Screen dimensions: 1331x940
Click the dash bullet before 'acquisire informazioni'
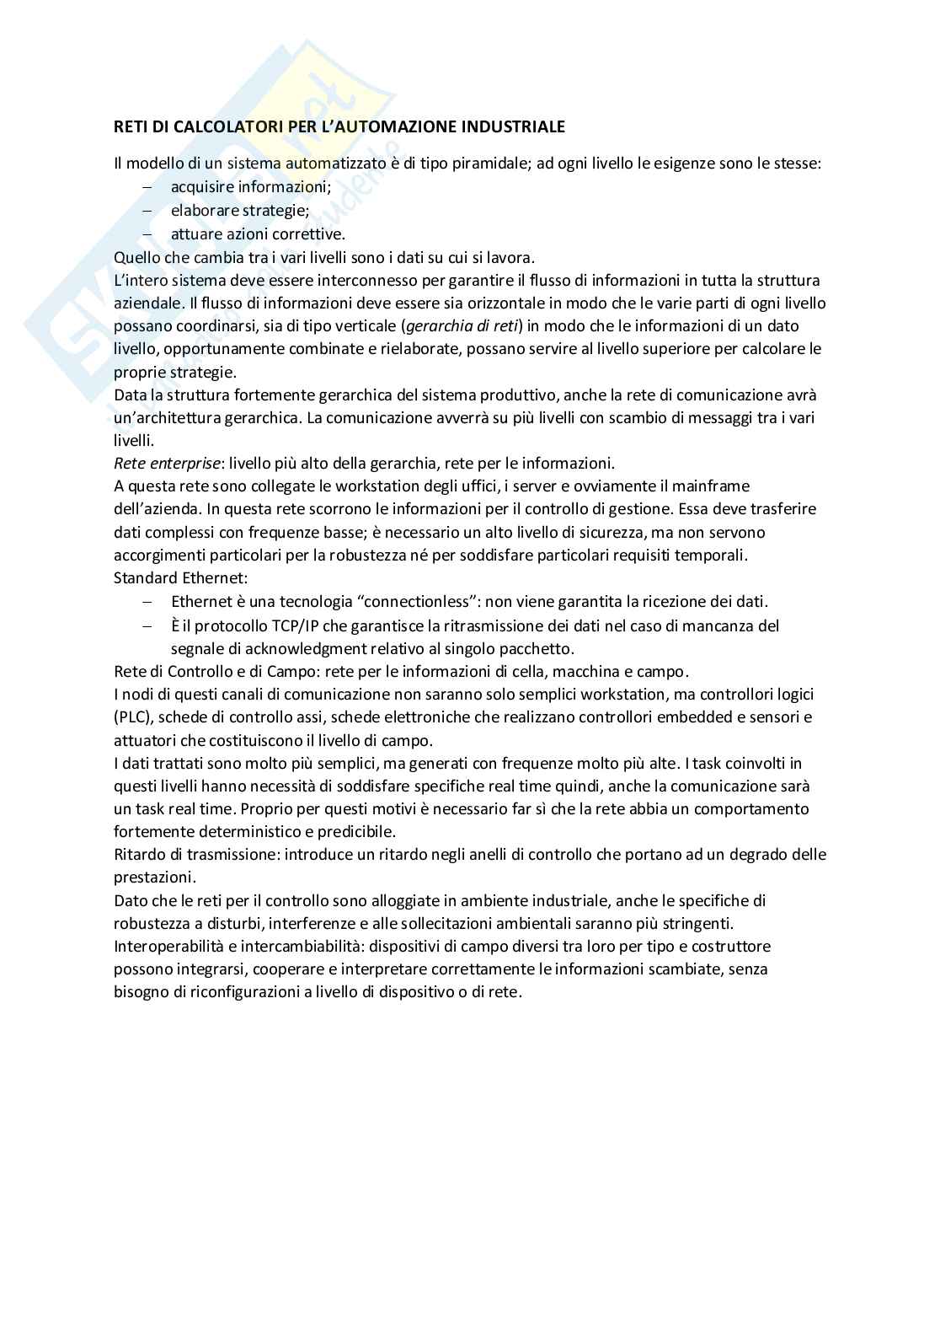147,187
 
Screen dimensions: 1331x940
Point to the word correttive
312,234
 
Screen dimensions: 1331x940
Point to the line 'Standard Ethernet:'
181,578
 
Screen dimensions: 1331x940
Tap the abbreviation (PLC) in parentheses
132,717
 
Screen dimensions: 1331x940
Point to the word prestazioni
154,877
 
